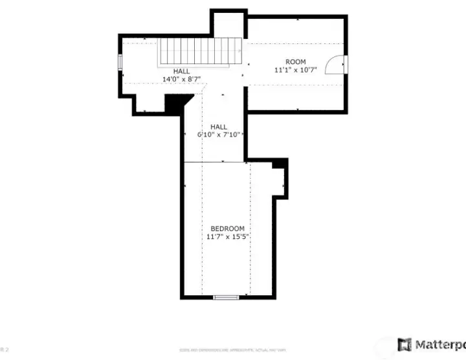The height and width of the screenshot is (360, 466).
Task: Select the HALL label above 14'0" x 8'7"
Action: point(182,71)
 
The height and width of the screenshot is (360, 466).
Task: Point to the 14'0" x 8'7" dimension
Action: point(181,80)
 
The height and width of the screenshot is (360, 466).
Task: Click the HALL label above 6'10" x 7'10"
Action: point(219,127)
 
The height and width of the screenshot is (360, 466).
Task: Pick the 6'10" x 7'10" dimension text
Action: point(219,135)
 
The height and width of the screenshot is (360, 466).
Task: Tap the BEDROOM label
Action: point(227,229)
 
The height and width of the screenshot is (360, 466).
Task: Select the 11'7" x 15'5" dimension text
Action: point(228,237)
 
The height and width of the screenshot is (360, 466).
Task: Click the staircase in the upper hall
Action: point(199,51)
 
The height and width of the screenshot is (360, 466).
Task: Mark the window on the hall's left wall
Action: point(120,61)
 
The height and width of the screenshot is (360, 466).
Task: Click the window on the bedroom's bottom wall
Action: point(226,297)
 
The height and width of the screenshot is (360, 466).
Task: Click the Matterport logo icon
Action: point(405,344)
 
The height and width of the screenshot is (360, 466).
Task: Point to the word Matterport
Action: point(440,344)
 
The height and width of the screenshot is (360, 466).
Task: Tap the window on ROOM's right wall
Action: point(346,64)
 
